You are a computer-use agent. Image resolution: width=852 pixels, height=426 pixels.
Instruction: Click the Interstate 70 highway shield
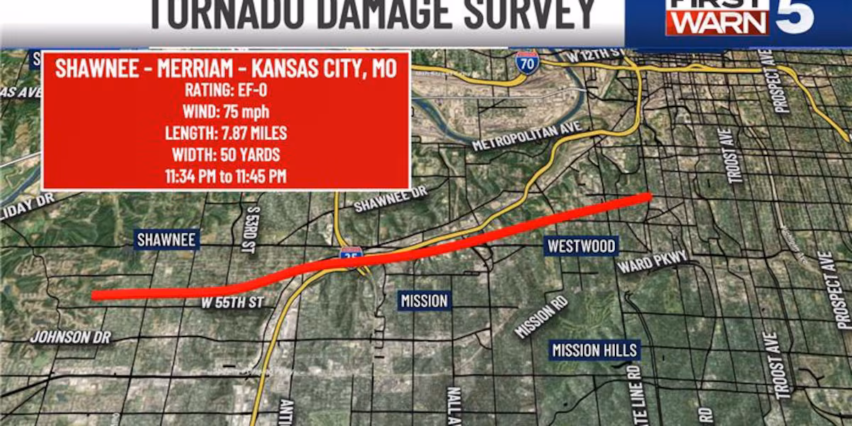pos(527,62)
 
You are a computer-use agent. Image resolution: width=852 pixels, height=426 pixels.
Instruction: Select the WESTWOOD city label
pos(581,246)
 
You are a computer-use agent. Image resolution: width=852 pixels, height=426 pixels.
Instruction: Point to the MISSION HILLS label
pos(596,350)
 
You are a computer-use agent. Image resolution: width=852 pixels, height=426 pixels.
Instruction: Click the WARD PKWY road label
pos(652,262)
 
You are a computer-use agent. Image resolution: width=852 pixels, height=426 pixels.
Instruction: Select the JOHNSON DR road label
pos(71,337)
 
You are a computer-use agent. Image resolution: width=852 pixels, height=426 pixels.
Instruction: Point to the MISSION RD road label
pos(541,316)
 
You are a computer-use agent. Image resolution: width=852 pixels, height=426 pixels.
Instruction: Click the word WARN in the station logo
pos(717,24)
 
